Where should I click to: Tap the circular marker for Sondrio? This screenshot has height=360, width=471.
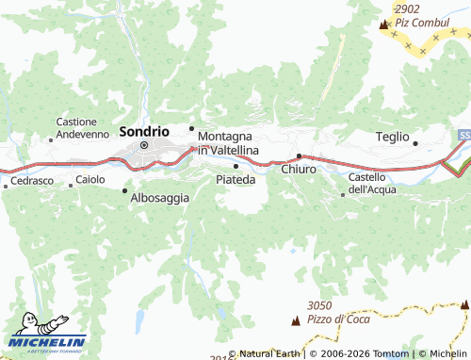[x=144, y=145]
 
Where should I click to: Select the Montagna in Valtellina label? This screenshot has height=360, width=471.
[x=228, y=143]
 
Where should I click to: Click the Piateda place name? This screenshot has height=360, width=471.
[x=235, y=179]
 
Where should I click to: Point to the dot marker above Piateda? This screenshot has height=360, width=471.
[x=235, y=166]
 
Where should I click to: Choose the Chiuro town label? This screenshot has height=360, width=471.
[x=300, y=170]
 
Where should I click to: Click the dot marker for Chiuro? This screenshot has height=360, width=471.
[x=300, y=155]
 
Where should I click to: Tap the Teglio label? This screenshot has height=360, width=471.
[x=392, y=137]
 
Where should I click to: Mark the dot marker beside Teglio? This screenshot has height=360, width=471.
[x=415, y=143]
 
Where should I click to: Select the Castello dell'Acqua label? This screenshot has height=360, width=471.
[x=372, y=183]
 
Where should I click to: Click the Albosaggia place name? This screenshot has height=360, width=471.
[x=160, y=198]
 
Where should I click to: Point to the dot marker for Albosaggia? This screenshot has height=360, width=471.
[x=124, y=190]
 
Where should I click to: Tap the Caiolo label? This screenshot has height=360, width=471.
[x=90, y=179]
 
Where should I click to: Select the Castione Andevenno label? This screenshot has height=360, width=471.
[x=83, y=128]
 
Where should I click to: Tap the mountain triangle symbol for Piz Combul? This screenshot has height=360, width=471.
[x=383, y=25]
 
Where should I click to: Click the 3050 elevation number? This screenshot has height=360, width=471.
[x=320, y=305]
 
